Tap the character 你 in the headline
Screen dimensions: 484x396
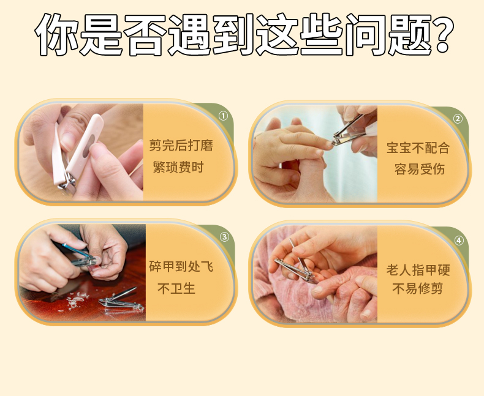(x=57, y=34)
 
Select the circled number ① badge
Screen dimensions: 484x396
(x=223, y=116)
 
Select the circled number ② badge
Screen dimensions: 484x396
(x=458, y=119)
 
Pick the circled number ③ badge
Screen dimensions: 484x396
(x=224, y=237)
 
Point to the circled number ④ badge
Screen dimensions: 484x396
(x=459, y=241)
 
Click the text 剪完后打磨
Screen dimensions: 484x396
(x=181, y=145)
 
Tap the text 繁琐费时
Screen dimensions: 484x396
(x=178, y=168)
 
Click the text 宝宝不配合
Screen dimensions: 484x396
(x=418, y=148)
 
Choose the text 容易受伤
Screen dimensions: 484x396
(x=420, y=170)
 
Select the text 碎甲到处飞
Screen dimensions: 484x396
(x=181, y=267)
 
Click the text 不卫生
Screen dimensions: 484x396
(x=176, y=289)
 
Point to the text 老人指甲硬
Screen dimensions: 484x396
(x=418, y=270)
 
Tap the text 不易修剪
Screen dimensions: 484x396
(x=418, y=289)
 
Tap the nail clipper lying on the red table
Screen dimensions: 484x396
(x=122, y=301)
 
